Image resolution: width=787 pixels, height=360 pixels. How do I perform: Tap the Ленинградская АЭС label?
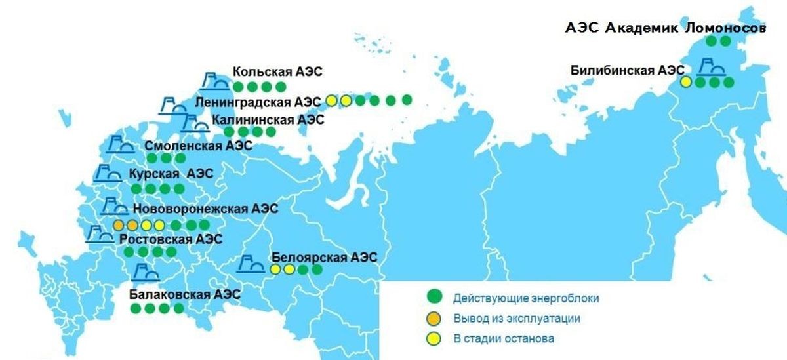(x=257, y=102)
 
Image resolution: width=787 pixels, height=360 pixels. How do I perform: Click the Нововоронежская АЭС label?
(x=205, y=209)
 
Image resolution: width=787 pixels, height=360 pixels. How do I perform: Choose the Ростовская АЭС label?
(x=171, y=239)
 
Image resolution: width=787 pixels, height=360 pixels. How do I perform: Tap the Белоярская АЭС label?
(x=324, y=257)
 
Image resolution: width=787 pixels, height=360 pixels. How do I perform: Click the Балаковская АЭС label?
(x=185, y=294)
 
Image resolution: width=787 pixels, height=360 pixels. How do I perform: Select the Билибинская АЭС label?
(x=627, y=70)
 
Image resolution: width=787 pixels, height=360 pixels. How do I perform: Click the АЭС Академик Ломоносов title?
(x=665, y=29)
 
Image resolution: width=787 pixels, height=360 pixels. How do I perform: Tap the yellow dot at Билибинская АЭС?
(x=685, y=83)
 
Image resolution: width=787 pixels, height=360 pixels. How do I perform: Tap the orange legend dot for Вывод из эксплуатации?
(x=433, y=319)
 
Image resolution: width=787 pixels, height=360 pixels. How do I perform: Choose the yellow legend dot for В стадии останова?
(x=433, y=339)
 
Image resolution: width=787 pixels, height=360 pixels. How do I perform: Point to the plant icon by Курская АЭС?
(x=109, y=174)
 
